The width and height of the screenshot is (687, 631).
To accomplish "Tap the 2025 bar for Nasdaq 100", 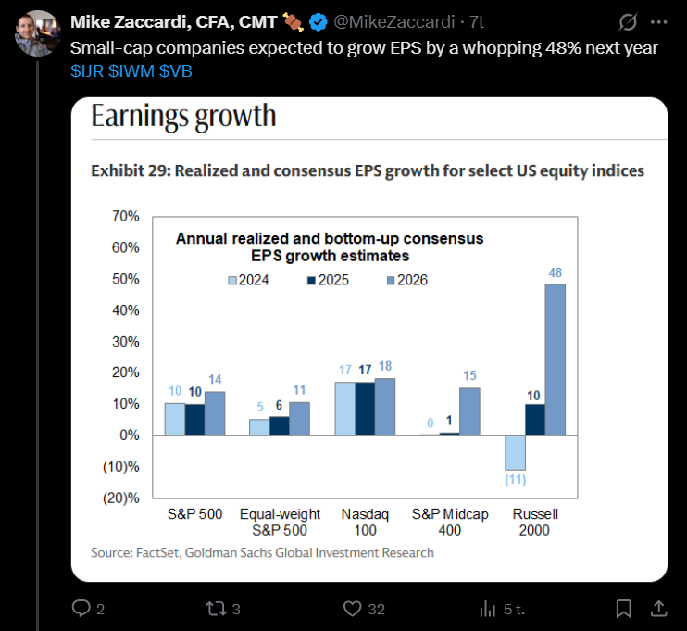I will pos(364,409).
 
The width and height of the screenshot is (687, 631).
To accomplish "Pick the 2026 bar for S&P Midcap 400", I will pos(469,411).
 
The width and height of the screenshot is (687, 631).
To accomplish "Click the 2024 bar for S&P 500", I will pos(175,419).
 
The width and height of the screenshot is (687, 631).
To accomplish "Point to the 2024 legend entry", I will pos(247,280).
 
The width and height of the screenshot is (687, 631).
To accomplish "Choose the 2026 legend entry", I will pos(406,280).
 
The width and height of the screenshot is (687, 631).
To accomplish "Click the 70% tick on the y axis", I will pos(124,216).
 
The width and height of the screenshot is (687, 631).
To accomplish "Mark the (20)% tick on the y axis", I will pos(121,498).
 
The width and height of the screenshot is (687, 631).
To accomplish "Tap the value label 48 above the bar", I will pos(555,272).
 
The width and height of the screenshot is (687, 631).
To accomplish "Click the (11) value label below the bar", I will pos(514,480).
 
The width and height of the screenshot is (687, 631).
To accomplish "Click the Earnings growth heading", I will pos(183,116).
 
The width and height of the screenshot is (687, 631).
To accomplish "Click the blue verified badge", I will pos(319,20).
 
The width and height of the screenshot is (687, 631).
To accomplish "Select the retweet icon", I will pos(217,609).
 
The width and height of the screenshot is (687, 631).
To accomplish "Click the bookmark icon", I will pos(624,609).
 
